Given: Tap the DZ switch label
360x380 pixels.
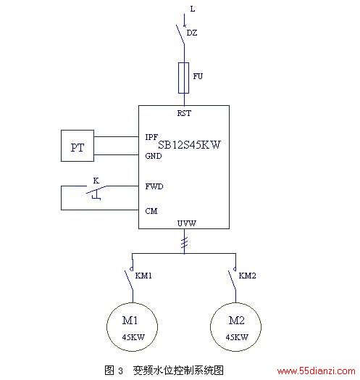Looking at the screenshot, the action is click(x=192, y=33).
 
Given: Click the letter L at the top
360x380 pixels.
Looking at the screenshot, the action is click(x=193, y=9).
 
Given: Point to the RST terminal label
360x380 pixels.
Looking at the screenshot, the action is click(x=184, y=113).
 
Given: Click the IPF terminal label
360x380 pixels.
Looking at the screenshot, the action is click(x=151, y=137).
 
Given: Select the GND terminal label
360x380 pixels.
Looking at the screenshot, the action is click(x=154, y=156).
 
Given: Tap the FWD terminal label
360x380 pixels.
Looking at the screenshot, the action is click(x=154, y=186).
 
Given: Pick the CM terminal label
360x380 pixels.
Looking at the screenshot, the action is click(x=151, y=211).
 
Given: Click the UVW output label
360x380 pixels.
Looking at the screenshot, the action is click(x=187, y=223).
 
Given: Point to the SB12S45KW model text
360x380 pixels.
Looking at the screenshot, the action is click(x=189, y=145).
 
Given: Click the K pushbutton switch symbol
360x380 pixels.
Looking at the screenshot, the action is click(x=96, y=192).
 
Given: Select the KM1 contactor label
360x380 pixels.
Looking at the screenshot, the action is click(x=143, y=276).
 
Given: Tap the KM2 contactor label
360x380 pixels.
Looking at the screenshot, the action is click(x=247, y=276).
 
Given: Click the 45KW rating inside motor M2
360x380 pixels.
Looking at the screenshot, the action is click(x=237, y=337).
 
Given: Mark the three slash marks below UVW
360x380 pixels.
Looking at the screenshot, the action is click(x=185, y=243).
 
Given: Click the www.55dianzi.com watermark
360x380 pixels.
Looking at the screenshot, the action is click(x=317, y=371).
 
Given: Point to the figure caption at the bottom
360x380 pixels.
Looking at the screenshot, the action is click(x=164, y=371).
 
